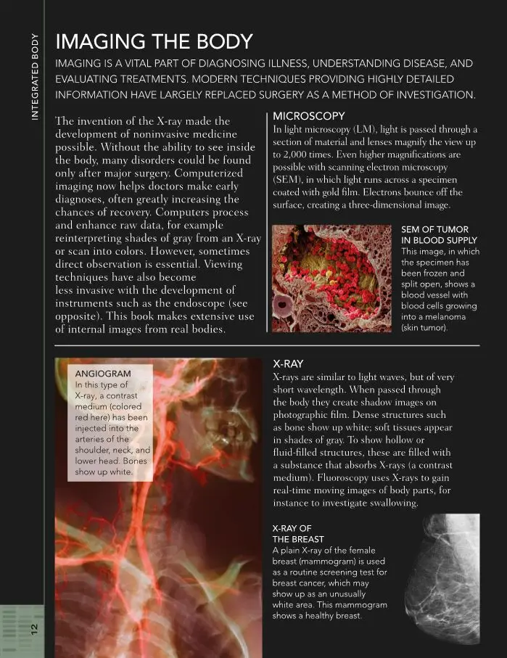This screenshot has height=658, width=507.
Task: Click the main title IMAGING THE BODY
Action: pyautogui.click(x=154, y=41)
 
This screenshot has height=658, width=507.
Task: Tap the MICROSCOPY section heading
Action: pyautogui.click(x=308, y=116)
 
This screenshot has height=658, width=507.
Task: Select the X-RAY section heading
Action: pyautogui.click(x=288, y=363)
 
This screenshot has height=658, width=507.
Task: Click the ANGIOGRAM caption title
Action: pyautogui.click(x=103, y=373)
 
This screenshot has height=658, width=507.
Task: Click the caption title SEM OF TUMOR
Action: pyautogui.click(x=434, y=229)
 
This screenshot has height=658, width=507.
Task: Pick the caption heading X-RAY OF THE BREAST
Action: pyautogui.click(x=292, y=533)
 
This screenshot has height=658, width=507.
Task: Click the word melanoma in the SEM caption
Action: pyautogui.click(x=432, y=316)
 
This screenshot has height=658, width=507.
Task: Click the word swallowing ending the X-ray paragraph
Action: pyautogui.click(x=389, y=503)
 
